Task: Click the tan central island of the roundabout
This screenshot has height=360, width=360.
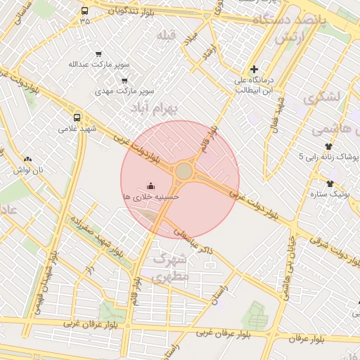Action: (184, 172)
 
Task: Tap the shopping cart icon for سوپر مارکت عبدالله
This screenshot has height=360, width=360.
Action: (98, 53)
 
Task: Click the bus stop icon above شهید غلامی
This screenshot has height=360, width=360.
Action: (77, 117)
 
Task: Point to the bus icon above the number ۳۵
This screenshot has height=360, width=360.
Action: (85, 11)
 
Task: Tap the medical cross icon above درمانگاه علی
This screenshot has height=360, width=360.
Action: (255, 69)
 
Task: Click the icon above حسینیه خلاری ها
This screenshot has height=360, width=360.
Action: (150, 186)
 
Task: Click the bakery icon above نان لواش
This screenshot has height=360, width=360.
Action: (27, 160)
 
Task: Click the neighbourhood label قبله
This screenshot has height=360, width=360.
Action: (166, 36)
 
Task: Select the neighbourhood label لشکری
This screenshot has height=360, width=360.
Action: (323, 96)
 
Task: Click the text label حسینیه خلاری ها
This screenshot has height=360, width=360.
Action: (150, 198)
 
